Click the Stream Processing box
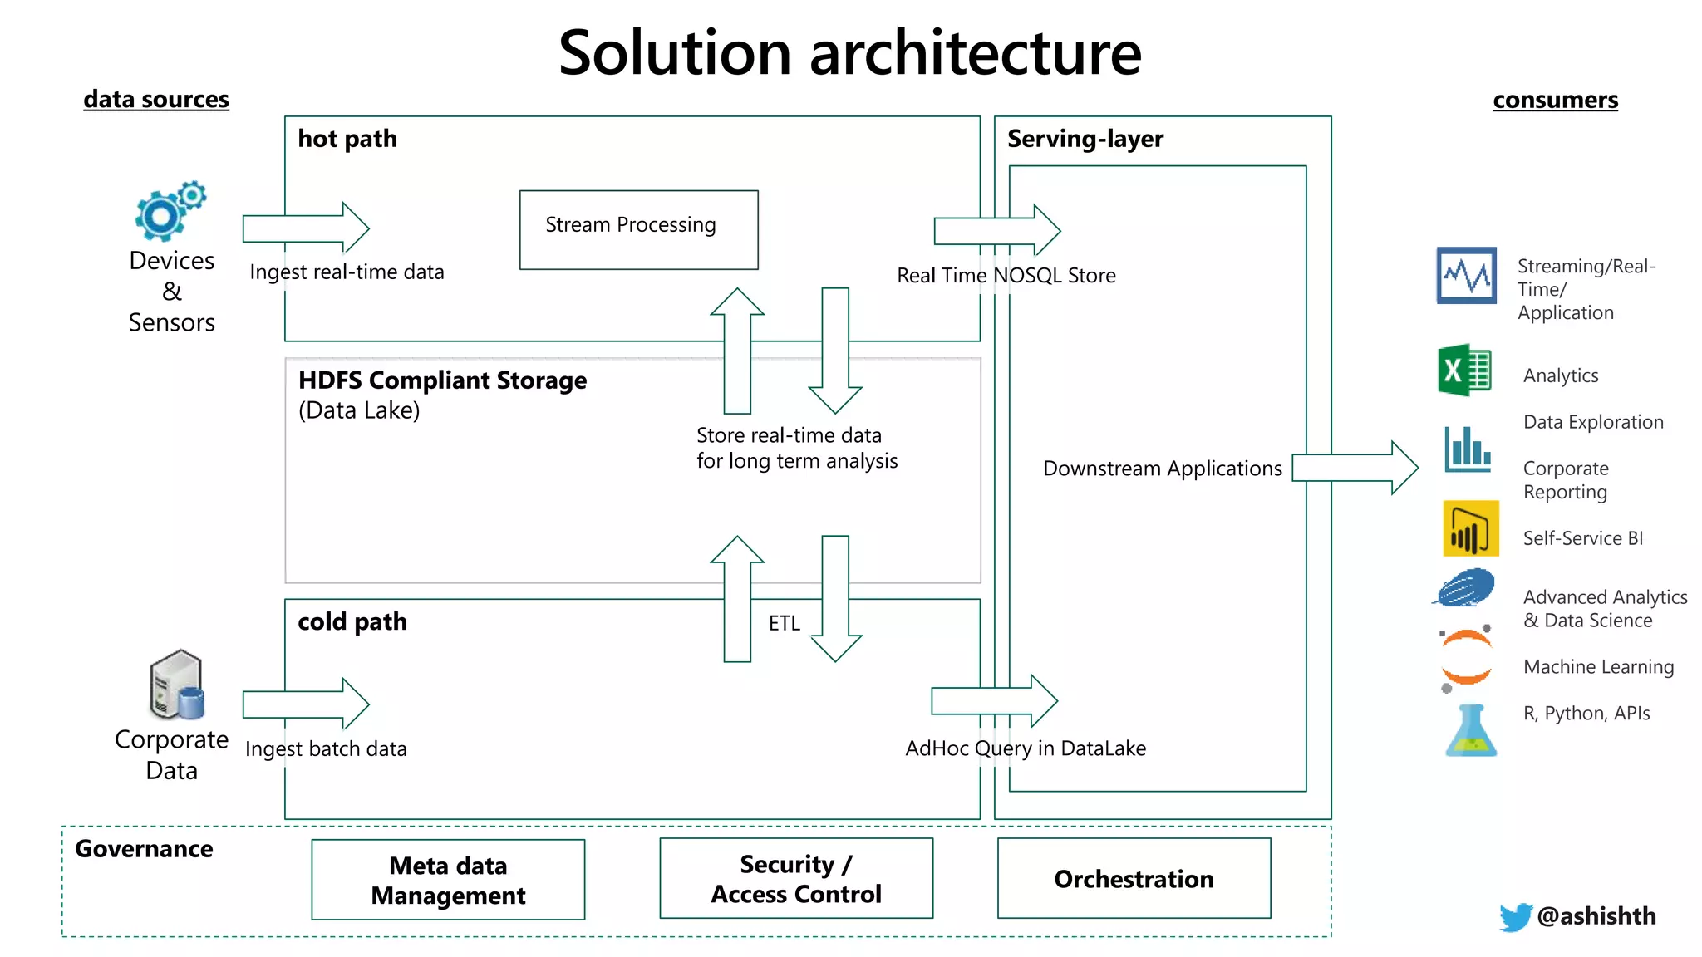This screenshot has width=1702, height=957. coord(638,229)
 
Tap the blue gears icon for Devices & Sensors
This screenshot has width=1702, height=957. coord(168,211)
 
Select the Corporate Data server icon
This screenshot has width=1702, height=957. coord(176,685)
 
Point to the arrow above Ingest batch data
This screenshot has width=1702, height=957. coord(306,704)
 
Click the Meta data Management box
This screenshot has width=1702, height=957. coord(448,880)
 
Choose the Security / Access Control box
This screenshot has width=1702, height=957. coord(795,878)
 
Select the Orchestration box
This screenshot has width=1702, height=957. coord(1134,878)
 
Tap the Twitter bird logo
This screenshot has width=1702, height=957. coord(1515,917)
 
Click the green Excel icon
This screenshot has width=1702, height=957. coord(1464,371)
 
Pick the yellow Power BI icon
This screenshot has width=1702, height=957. coord(1470,528)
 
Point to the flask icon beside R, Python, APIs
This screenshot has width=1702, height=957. coord(1470,732)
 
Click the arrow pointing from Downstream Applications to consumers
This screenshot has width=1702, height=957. coord(1355,468)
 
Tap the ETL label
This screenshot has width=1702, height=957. coord(784,623)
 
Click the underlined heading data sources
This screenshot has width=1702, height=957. coord(156,99)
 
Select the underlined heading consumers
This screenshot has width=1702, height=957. coord(1555,100)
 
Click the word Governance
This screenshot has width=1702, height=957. coord(144,849)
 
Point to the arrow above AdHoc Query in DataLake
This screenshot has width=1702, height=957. coord(994,701)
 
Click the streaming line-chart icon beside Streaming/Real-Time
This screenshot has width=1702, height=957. coord(1466,275)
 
